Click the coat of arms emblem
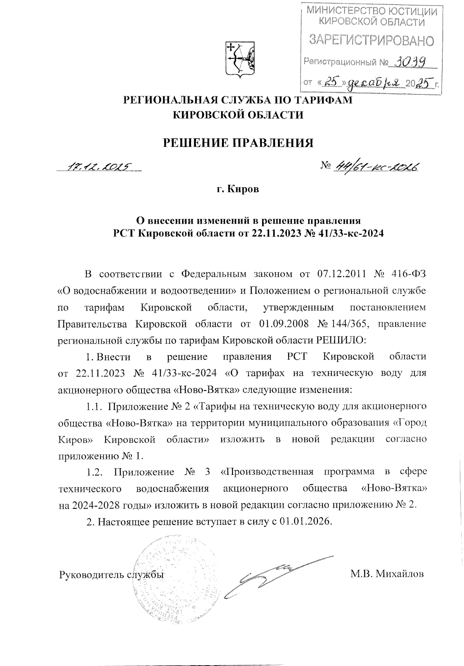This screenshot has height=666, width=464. click(239, 59)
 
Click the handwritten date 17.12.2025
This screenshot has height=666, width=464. click(99, 166)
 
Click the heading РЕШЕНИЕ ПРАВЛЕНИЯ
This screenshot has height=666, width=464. click(237, 143)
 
